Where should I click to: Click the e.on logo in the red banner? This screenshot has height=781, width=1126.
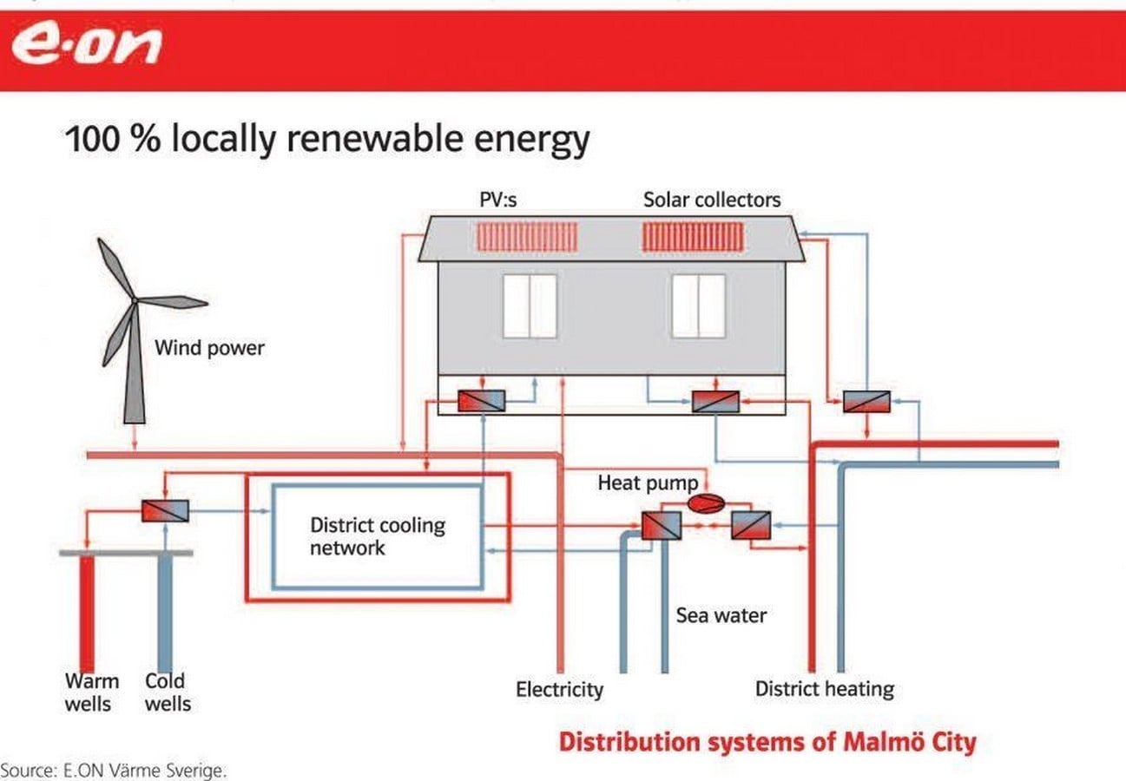(87, 44)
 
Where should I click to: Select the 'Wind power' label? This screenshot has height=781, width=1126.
(209, 348)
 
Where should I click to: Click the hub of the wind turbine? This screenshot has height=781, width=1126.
(135, 300)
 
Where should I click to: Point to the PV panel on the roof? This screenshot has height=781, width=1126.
(527, 237)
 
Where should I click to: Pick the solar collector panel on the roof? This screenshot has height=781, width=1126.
(693, 237)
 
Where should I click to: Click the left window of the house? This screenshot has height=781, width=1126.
(530, 306)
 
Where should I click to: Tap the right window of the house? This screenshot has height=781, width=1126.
(699, 306)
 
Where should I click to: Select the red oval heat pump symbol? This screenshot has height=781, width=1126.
(707, 503)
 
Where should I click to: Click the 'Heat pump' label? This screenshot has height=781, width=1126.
(648, 483)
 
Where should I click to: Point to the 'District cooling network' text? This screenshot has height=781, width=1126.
(378, 536)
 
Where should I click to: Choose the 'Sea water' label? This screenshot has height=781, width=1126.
(721, 615)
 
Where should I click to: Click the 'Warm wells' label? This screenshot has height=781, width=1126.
(92, 692)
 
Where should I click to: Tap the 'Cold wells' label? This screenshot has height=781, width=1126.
(168, 692)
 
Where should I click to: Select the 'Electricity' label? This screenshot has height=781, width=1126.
(559, 690)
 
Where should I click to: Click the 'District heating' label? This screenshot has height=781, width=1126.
(825, 689)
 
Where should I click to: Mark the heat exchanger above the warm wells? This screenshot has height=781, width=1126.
(165, 510)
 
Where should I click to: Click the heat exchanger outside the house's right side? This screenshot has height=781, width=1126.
(866, 402)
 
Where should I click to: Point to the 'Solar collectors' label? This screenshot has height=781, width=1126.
(712, 200)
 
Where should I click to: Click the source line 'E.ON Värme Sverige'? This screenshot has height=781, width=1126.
(114, 771)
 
